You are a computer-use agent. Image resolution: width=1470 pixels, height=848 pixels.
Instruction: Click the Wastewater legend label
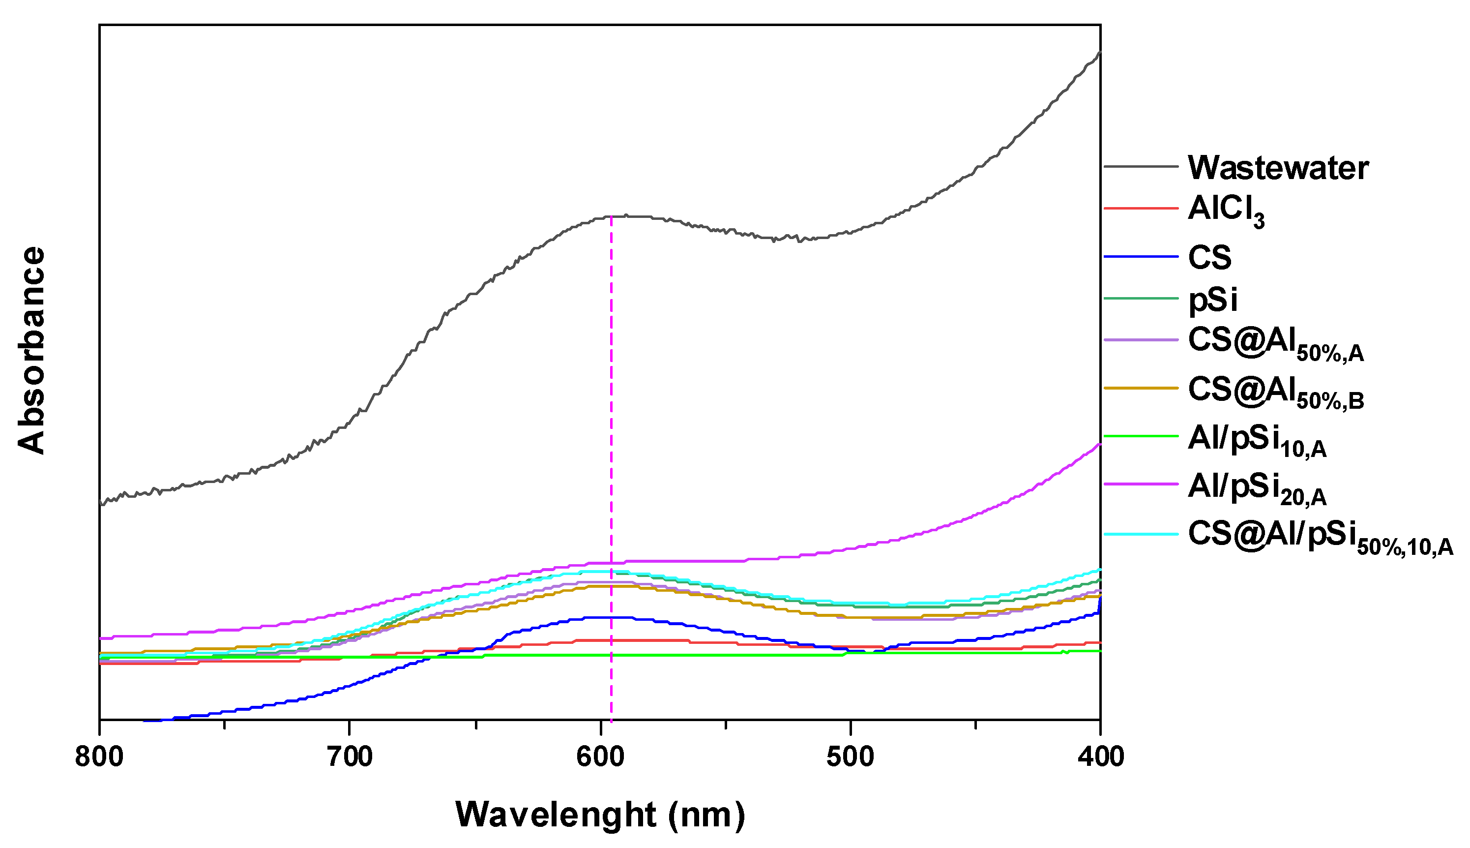tap(1277, 168)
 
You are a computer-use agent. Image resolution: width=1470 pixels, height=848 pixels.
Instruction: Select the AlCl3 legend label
tap(1226, 209)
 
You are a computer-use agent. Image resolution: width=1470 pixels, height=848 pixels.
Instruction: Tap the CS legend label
tap(1209, 257)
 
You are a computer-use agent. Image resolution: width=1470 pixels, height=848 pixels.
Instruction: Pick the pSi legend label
tap(1212, 300)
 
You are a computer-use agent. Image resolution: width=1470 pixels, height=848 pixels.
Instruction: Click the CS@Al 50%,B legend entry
tap(1274, 391)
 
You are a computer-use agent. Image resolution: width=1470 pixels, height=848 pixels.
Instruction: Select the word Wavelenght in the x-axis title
tap(555, 814)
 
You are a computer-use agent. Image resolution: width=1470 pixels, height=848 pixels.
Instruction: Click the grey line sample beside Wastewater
tap(1141, 167)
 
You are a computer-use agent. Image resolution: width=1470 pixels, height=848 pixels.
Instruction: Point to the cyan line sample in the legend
tap(1141, 534)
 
